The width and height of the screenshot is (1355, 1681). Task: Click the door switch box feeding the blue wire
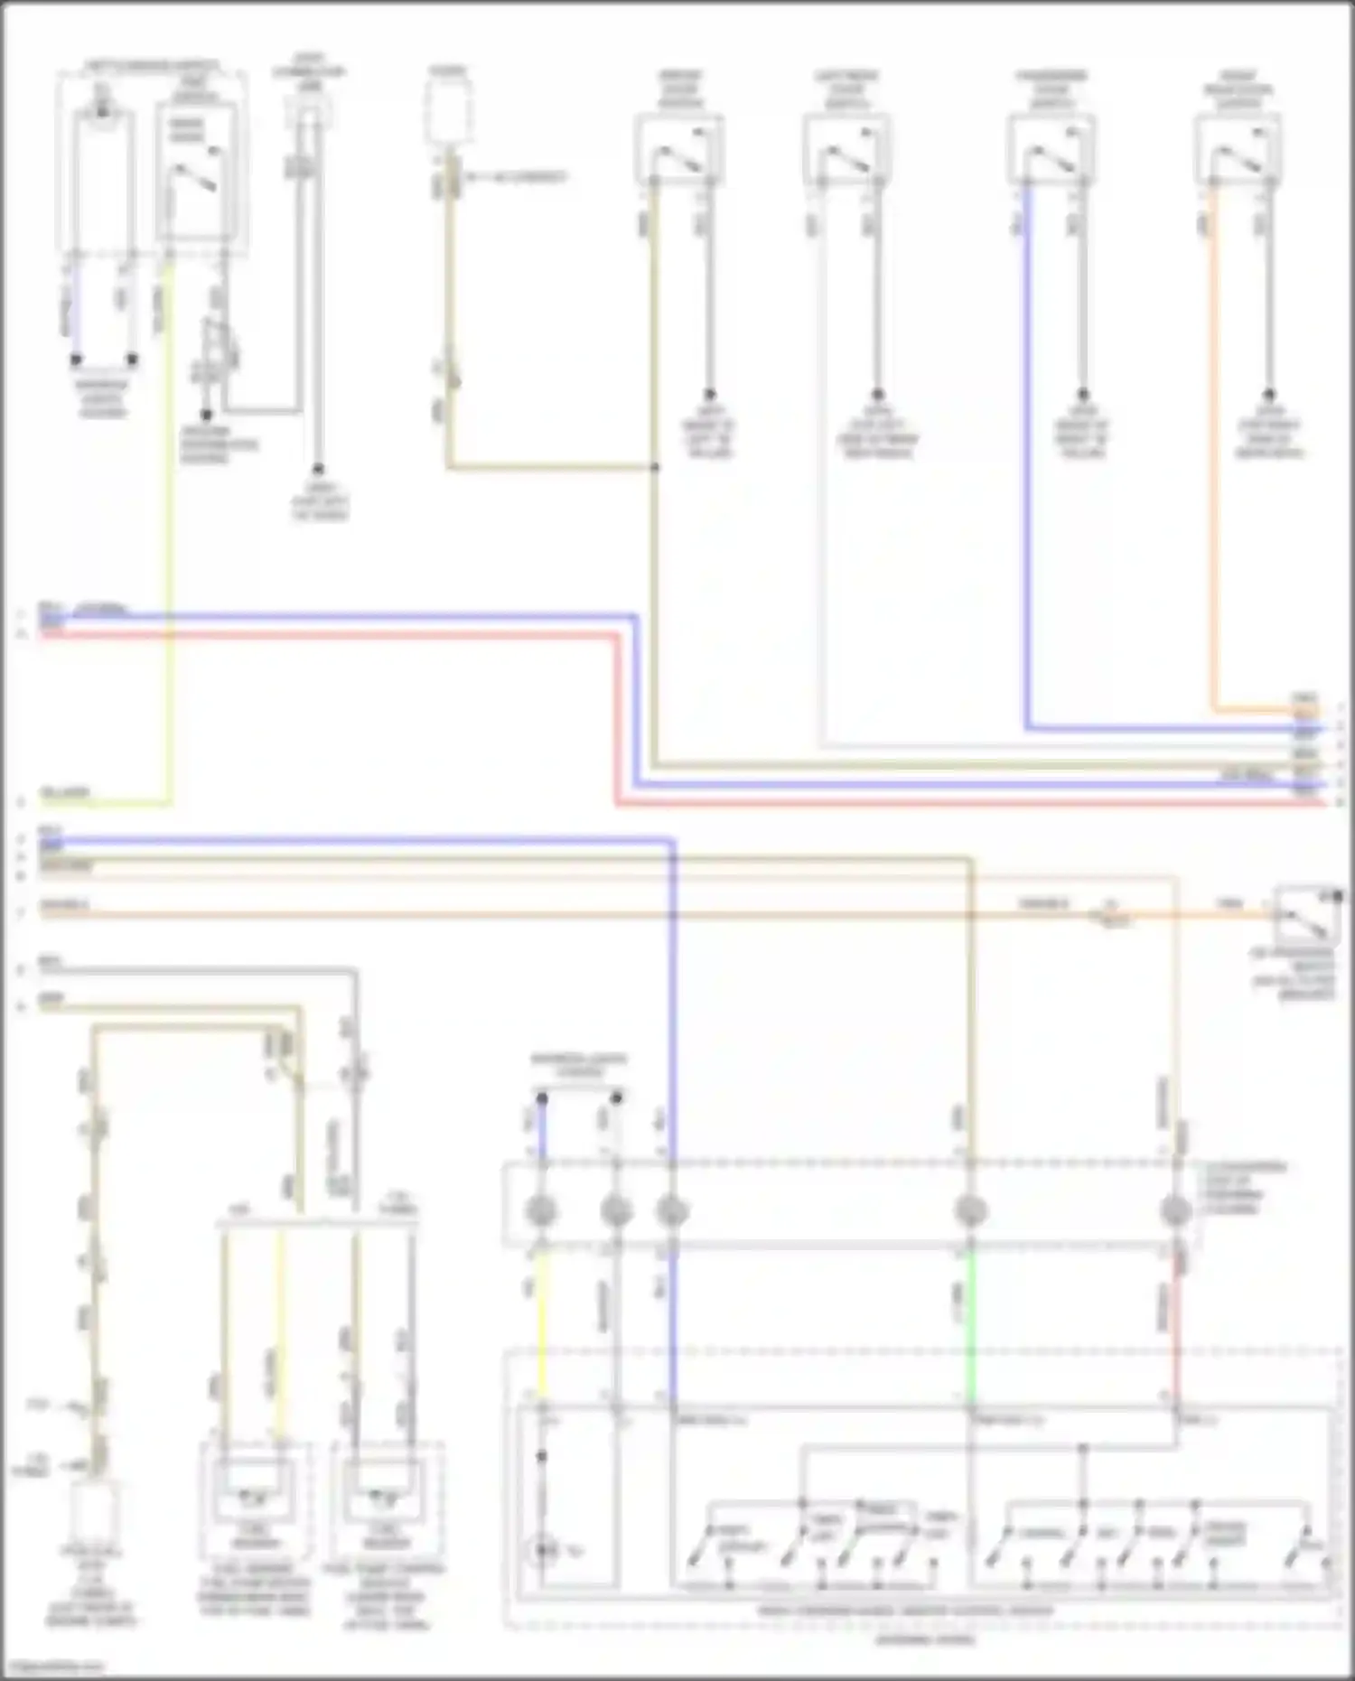point(1051,150)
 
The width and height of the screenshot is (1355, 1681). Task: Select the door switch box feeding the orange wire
point(1238,150)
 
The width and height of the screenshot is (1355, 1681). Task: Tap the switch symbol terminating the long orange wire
point(1306,916)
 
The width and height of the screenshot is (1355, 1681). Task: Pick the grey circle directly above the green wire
point(971,1210)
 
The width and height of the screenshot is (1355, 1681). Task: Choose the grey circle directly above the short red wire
point(1175,1210)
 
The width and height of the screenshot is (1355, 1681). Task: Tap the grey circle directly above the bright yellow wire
point(541,1210)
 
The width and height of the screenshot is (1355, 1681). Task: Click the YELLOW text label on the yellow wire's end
point(64,793)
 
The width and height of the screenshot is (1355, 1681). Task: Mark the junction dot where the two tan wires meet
point(655,467)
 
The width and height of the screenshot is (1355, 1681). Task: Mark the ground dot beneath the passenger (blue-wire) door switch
point(1082,395)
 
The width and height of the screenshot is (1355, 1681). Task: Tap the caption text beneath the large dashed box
point(925,1639)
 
